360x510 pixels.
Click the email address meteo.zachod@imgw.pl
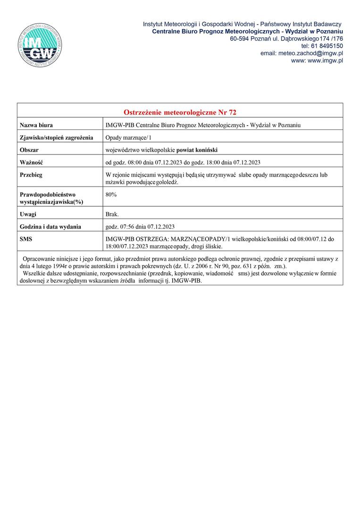301,53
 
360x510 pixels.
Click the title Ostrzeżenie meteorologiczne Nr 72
180,112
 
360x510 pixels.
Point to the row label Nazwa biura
36,125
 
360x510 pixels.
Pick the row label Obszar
29,150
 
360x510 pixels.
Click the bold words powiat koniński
197,150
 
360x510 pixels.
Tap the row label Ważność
32,162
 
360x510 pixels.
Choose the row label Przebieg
31,175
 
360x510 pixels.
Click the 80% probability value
111,194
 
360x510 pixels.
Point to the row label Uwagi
28,214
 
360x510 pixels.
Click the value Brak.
112,214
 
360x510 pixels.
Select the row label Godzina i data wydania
50,227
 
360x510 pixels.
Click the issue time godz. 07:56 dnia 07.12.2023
141,227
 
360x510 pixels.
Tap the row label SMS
26,239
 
